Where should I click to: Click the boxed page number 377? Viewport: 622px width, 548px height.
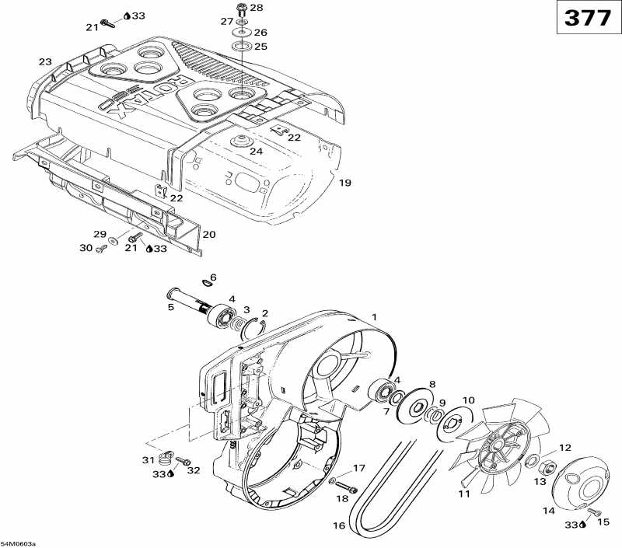click(x=587, y=18)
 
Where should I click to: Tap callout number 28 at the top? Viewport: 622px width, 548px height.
click(x=257, y=7)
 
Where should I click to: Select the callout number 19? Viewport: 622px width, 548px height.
click(x=345, y=183)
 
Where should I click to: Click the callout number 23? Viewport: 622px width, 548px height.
click(x=45, y=61)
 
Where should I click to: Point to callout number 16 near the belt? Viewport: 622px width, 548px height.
click(x=339, y=526)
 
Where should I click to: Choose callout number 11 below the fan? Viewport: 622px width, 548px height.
click(x=464, y=494)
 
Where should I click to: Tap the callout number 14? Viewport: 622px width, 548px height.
click(x=549, y=511)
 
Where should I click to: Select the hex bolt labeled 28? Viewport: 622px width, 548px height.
click(x=240, y=9)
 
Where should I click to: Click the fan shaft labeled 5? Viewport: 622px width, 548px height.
click(x=187, y=298)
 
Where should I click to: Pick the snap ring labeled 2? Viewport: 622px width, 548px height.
click(x=250, y=327)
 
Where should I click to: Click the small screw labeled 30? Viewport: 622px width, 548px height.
click(x=100, y=249)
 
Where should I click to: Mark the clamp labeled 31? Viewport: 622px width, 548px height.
click(x=166, y=456)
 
